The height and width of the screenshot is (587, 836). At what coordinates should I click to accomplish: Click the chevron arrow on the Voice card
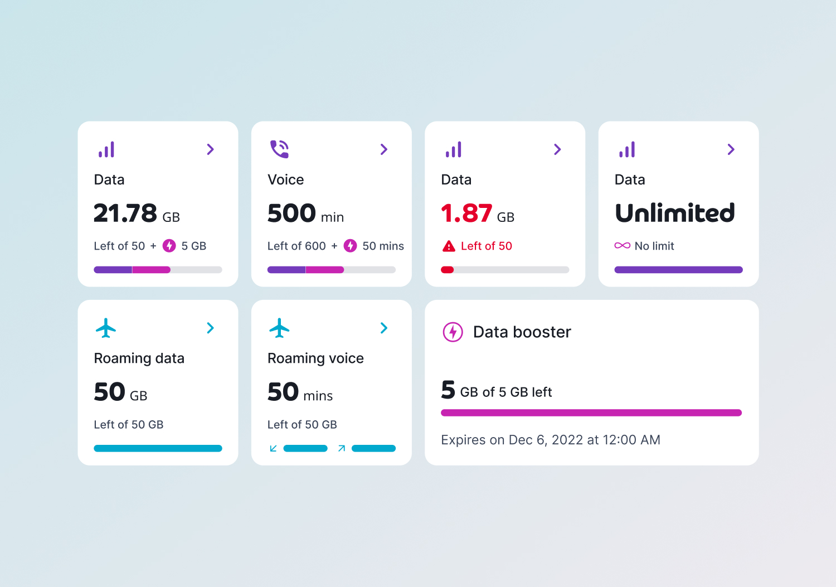point(384,149)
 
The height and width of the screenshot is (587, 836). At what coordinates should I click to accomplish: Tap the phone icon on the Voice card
point(279,149)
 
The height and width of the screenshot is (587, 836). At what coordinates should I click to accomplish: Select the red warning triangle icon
point(449,246)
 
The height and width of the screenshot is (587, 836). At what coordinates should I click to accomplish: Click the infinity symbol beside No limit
point(622,246)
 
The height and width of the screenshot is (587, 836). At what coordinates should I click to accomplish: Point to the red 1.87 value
point(466,214)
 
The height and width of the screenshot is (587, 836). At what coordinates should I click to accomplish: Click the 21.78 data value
point(125,214)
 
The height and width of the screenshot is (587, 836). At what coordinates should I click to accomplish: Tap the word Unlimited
point(675,214)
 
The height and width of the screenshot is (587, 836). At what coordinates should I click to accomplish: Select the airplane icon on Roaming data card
point(106,328)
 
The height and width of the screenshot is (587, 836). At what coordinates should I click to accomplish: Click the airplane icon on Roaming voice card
point(279,328)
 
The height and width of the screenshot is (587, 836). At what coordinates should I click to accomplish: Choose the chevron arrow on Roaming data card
point(211,328)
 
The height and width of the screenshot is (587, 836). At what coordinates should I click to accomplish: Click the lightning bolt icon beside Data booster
point(453,332)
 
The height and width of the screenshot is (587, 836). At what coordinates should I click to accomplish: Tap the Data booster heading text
point(522,332)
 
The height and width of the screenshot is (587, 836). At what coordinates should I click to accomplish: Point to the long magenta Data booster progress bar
point(591,413)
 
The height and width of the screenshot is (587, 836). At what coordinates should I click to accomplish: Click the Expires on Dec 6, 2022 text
point(550,440)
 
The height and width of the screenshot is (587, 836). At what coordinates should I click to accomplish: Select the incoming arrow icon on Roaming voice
point(273,448)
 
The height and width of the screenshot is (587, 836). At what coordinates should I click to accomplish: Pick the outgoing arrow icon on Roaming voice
point(342,448)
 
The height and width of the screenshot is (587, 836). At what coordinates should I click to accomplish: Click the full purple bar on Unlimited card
point(678,270)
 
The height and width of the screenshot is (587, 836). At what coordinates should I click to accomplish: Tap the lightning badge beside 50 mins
point(350,246)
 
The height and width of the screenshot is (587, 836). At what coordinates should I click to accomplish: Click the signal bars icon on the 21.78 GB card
point(106,149)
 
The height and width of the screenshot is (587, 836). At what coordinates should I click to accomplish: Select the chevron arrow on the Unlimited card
point(731,149)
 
